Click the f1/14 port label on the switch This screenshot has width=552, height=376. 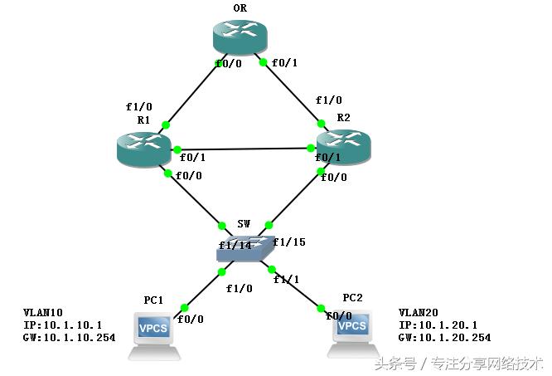click(x=235, y=245)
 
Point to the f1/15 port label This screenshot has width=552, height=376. click(x=288, y=242)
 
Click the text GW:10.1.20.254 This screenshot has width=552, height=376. click(x=444, y=338)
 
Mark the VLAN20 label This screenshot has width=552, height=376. click(x=419, y=313)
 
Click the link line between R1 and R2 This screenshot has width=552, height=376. click(x=249, y=149)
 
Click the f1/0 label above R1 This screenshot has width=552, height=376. click(x=139, y=107)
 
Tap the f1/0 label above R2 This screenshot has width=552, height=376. click(x=328, y=100)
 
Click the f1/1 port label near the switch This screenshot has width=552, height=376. click(x=286, y=280)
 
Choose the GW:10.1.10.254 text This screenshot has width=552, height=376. click(x=69, y=338)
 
